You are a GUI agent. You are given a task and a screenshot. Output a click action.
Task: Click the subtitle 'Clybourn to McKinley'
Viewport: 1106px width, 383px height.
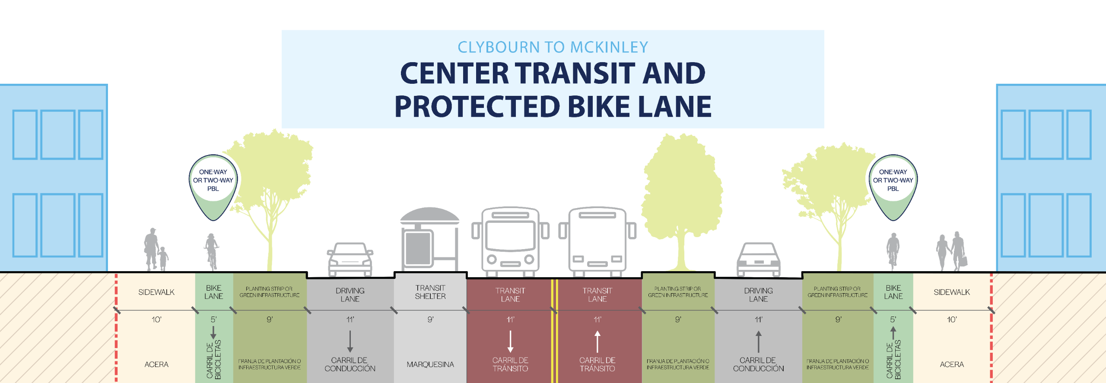click(x=553, y=47)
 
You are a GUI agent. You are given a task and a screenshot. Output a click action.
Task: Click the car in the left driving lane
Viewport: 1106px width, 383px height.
click(x=350, y=259)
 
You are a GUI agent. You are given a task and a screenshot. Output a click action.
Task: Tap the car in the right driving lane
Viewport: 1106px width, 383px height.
click(x=758, y=259)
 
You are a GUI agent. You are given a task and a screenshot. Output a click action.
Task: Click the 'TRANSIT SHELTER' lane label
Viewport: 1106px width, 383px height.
click(x=430, y=292)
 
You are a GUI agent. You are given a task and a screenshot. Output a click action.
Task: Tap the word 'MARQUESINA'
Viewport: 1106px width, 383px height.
click(x=430, y=364)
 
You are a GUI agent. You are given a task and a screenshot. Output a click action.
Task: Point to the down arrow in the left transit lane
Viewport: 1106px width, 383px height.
click(x=510, y=341)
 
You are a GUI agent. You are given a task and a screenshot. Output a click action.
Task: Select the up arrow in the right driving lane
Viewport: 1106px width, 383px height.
click(x=758, y=341)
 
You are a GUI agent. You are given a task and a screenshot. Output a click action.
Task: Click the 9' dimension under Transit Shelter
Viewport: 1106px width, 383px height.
click(x=430, y=320)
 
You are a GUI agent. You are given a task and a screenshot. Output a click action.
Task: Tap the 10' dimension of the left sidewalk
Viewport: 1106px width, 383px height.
click(x=156, y=320)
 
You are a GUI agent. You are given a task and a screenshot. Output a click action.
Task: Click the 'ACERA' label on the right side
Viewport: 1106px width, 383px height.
click(x=951, y=364)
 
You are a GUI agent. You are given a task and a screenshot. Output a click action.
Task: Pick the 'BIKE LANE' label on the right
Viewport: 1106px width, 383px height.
click(x=893, y=292)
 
